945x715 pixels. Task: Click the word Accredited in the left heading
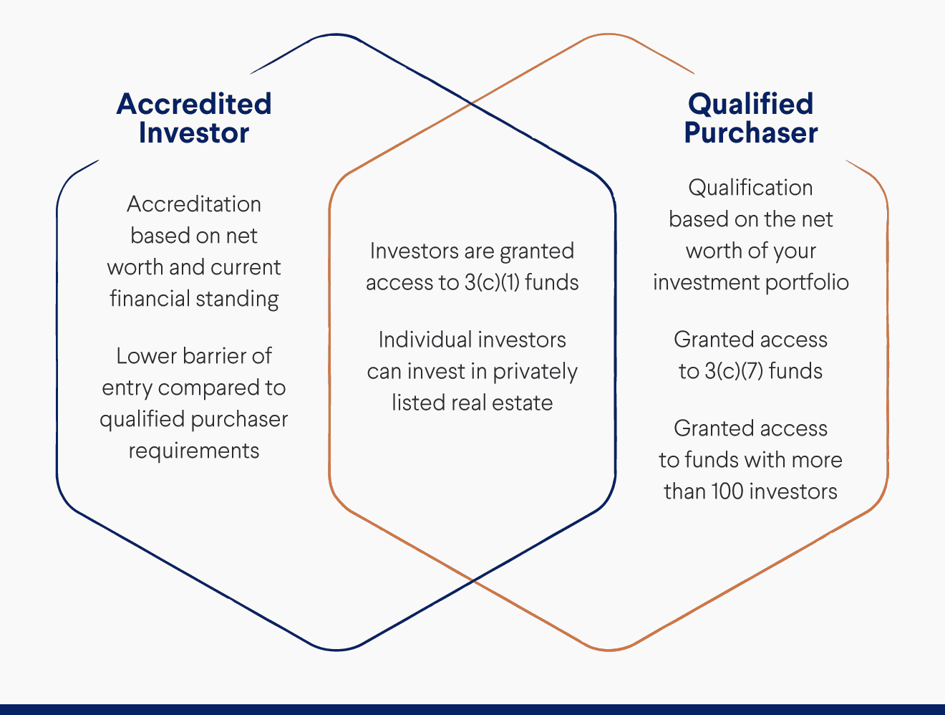(x=194, y=104)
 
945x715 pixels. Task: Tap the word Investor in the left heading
(x=194, y=133)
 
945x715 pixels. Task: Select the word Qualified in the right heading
(x=750, y=104)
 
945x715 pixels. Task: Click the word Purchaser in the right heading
(x=750, y=133)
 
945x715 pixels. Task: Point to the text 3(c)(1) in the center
(x=492, y=282)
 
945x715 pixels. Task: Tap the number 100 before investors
(x=727, y=491)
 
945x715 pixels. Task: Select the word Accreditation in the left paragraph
(x=194, y=204)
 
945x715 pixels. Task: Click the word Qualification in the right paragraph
(x=750, y=188)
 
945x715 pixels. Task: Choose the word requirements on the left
(x=194, y=451)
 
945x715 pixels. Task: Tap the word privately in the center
(x=535, y=371)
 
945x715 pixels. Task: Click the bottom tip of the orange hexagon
(x=609, y=649)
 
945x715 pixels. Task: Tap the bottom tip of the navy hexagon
(x=336, y=649)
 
